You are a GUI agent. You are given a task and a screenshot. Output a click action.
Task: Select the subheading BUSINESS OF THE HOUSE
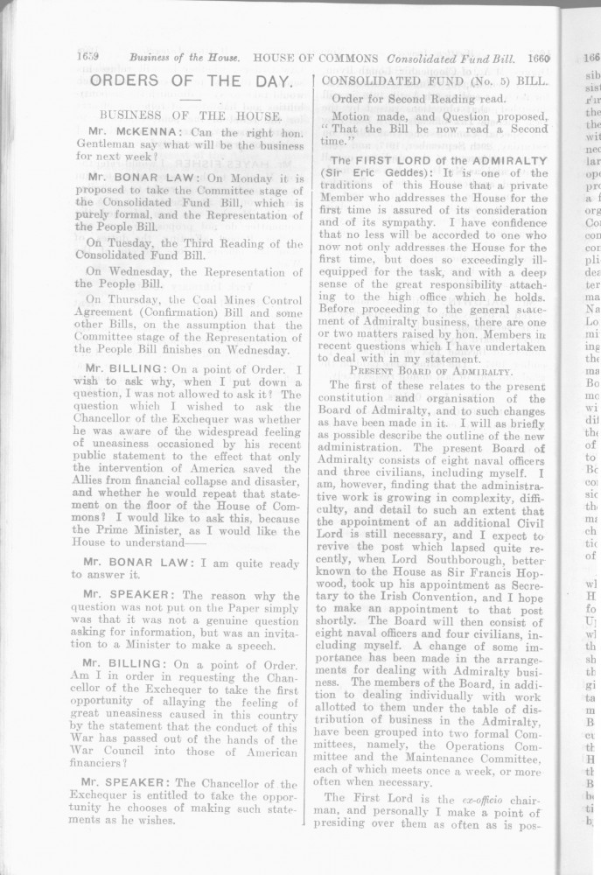pos(190,115)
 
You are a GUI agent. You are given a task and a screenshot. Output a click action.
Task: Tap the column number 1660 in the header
pos(537,58)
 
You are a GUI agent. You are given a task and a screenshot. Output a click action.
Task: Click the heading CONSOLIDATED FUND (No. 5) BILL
pos(435,80)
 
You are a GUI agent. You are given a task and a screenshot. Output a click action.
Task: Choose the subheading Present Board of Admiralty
pos(430,371)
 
